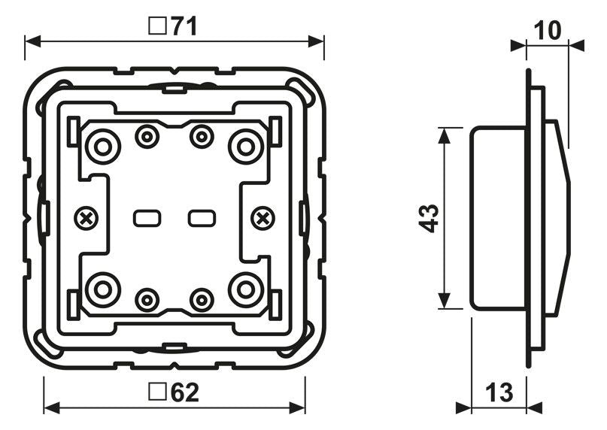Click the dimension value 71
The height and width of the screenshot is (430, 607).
pyautogui.click(x=183, y=27)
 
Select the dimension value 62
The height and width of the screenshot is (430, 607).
pyautogui.click(x=184, y=392)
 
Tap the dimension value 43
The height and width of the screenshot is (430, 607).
pyautogui.click(x=429, y=218)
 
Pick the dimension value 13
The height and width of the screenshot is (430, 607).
pyautogui.click(x=498, y=392)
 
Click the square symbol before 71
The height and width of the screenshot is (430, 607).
pyautogui.click(x=156, y=27)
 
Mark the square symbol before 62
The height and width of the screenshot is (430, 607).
pyautogui.click(x=157, y=392)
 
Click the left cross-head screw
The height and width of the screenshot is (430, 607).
pyautogui.click(x=87, y=219)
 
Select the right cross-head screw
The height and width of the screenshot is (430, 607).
pyautogui.click(x=262, y=219)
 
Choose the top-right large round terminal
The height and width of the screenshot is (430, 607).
pyautogui.click(x=245, y=145)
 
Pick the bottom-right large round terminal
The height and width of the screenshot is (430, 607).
pyautogui.click(x=245, y=289)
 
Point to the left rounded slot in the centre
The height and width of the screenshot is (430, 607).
pyautogui.click(x=147, y=219)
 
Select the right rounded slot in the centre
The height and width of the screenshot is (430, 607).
pyautogui.click(x=201, y=219)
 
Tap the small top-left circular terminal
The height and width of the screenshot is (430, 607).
pyautogui.click(x=147, y=137)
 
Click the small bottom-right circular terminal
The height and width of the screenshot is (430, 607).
pyautogui.click(x=201, y=299)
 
